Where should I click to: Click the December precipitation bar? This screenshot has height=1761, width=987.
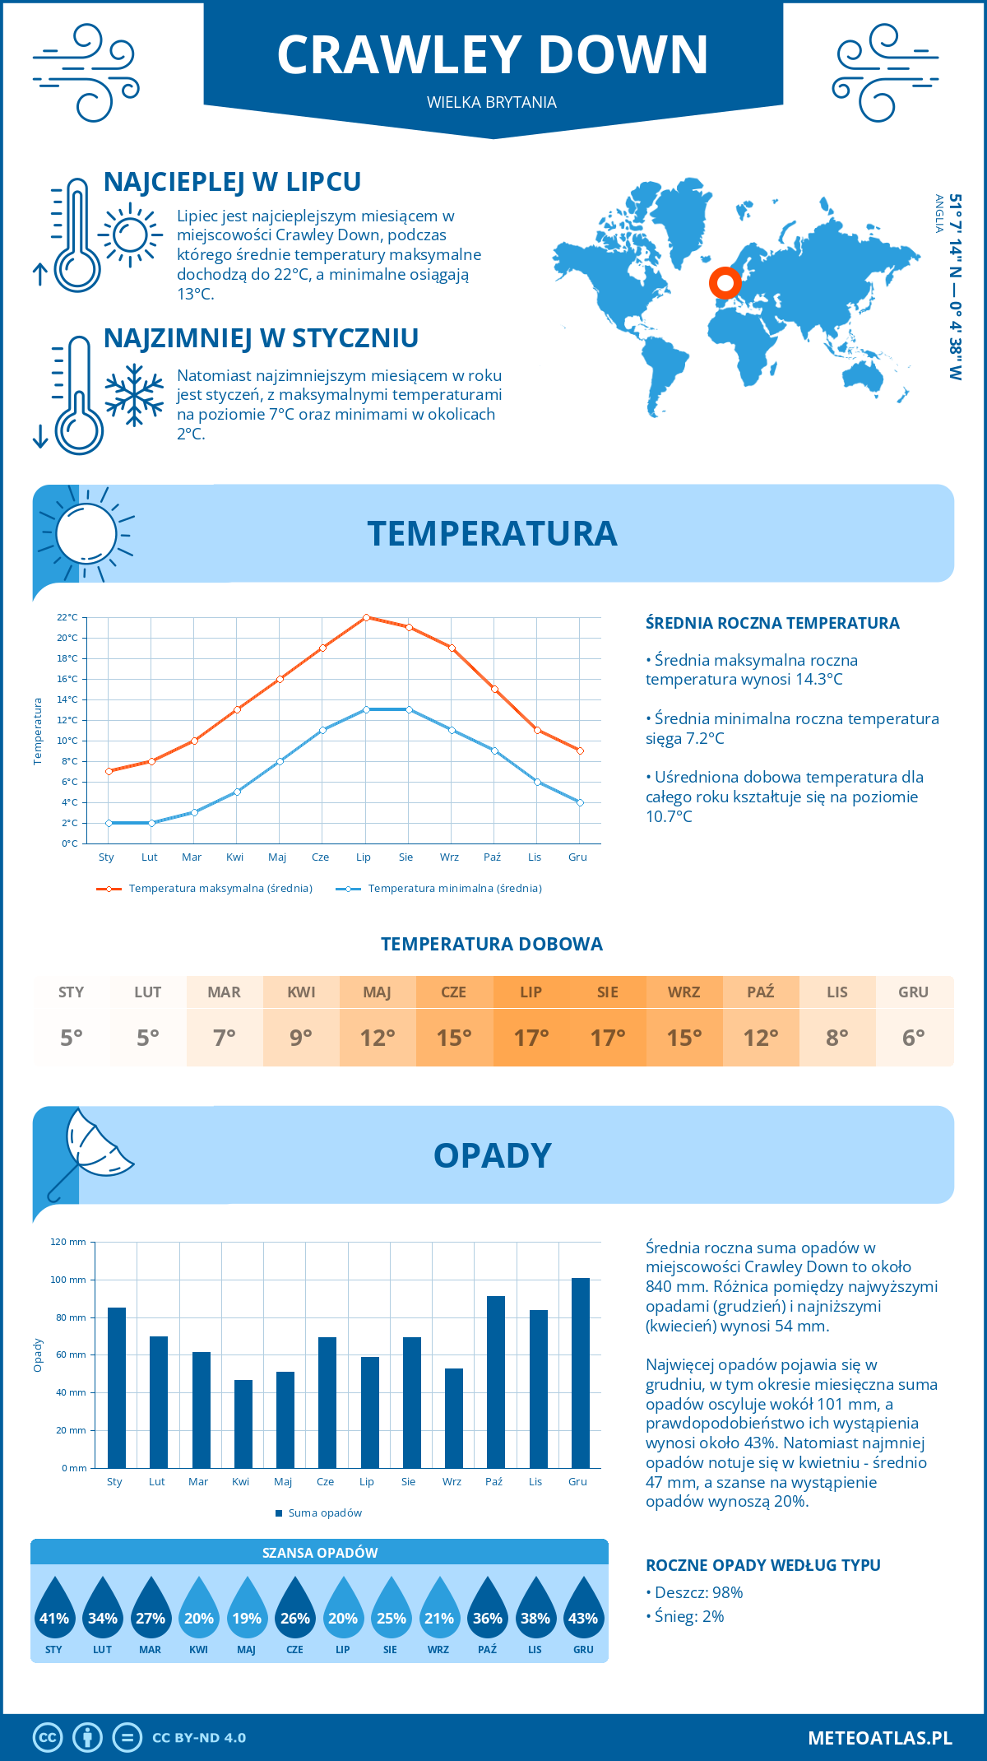click(x=581, y=1373)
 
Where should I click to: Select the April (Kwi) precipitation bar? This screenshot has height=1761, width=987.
click(x=243, y=1424)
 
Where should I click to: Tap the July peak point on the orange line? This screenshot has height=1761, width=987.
click(x=366, y=617)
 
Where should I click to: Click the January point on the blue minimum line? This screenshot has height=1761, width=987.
click(x=109, y=823)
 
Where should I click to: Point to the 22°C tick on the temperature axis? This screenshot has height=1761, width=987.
click(x=67, y=617)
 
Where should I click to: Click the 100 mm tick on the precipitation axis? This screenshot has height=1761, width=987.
click(x=68, y=1280)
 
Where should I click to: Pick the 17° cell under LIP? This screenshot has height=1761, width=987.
click(x=531, y=1038)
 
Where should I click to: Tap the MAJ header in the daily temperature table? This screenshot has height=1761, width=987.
click(x=378, y=992)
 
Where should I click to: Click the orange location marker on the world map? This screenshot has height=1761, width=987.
click(x=725, y=283)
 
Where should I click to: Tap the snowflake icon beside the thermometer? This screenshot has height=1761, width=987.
click(x=134, y=395)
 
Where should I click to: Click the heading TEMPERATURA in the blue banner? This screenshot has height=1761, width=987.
click(x=492, y=533)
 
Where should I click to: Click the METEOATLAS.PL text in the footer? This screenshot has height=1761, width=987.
click(x=879, y=1738)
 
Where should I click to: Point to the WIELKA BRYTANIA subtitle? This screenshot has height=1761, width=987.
click(x=492, y=102)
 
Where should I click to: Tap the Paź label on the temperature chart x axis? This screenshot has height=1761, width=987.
click(x=492, y=857)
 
